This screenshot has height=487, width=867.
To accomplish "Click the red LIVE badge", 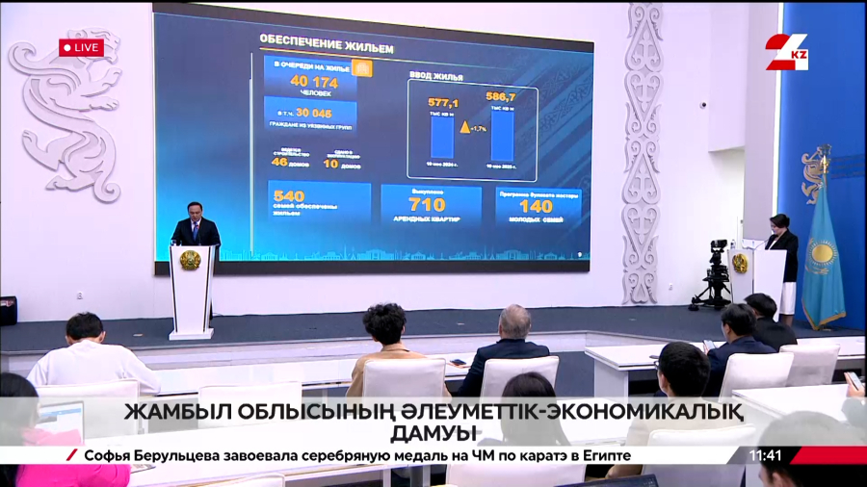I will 81,46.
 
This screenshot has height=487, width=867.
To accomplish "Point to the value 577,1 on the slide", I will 442,103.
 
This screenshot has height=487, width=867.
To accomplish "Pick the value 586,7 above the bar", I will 501,97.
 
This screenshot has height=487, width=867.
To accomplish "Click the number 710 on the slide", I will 427,204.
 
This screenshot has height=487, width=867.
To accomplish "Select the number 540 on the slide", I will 289,195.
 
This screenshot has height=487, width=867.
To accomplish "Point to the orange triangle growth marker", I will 464,127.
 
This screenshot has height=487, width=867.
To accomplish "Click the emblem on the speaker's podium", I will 191,260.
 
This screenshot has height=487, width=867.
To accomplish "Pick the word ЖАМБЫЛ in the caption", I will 168,412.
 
